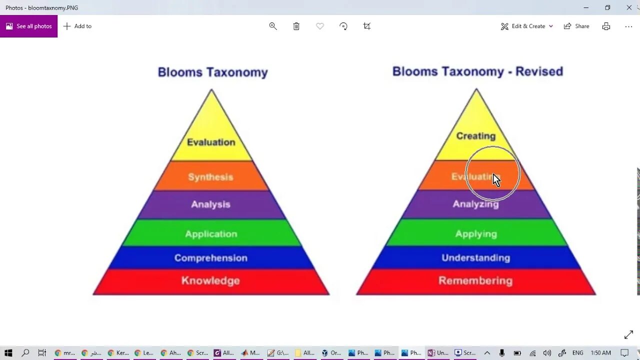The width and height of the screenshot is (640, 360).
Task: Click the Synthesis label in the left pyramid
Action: pos(210,177)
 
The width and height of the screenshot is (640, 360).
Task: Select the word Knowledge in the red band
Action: pos(210,280)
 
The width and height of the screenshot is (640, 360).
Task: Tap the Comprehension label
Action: pos(210,258)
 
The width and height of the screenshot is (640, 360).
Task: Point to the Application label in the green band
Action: pos(211,234)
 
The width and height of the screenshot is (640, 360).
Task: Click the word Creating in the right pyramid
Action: pos(475,136)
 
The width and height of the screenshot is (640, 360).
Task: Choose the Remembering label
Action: pos(475,280)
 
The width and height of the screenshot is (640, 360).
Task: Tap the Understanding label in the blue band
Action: pos(475,258)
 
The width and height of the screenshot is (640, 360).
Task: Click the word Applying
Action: pos(475,234)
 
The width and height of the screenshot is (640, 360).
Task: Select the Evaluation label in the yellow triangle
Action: pos(210,142)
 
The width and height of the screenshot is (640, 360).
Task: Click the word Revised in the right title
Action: pos(539,71)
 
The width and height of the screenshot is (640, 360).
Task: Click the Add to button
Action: pos(77,26)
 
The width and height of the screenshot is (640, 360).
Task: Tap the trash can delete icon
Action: pos(296,26)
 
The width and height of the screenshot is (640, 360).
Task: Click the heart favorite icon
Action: pos(320,26)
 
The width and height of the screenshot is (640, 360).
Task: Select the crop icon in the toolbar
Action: pos(367,26)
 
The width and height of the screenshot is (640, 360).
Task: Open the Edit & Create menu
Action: pos(527,26)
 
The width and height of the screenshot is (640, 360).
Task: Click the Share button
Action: pos(576,26)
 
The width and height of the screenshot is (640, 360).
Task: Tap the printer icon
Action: pos(606,26)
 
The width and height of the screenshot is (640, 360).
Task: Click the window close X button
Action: pos(629,7)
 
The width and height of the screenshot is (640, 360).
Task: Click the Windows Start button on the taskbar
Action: pos(8,352)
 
